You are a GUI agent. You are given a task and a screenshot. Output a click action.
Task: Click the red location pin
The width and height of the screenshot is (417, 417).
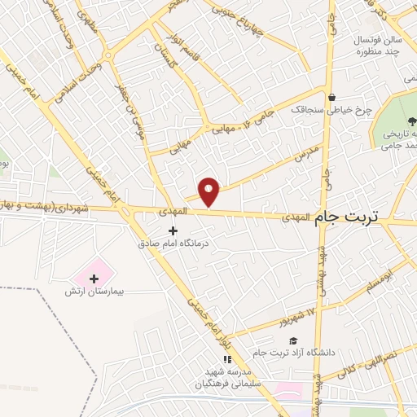[x=209, y=191]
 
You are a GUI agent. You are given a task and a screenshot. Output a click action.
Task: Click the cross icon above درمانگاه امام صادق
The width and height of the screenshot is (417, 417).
[x=172, y=231]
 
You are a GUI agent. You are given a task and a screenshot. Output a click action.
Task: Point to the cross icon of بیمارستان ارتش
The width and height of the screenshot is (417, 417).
[x=94, y=279]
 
